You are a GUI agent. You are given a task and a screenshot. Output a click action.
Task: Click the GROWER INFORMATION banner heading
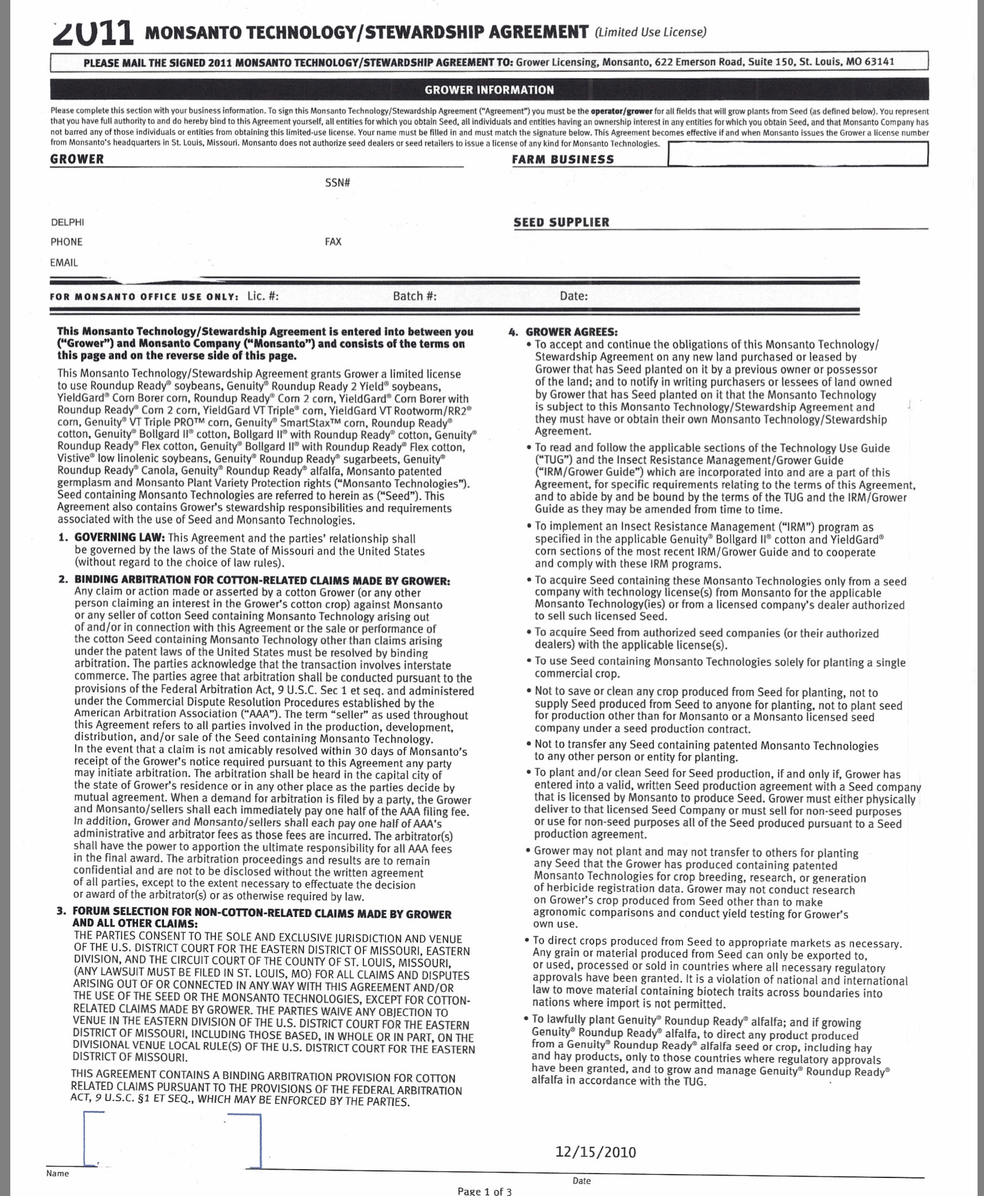pyautogui.click(x=489, y=90)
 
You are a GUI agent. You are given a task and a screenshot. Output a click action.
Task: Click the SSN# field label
pyautogui.click(x=337, y=183)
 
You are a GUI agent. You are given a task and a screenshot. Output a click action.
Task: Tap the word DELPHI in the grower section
pyautogui.click(x=68, y=222)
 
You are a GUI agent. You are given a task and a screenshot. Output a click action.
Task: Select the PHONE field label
pyautogui.click(x=67, y=242)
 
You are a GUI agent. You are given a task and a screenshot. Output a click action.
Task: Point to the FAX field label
pyautogui.click(x=333, y=242)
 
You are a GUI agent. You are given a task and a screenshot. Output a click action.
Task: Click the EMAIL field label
pyautogui.click(x=64, y=262)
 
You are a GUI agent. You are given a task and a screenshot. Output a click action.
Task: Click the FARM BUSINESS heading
pyautogui.click(x=563, y=159)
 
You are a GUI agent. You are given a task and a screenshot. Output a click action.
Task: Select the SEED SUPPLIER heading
pyautogui.click(x=561, y=222)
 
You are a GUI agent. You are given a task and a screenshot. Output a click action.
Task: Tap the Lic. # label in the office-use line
pyautogui.click(x=263, y=296)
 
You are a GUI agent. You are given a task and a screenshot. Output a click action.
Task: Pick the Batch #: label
pyautogui.click(x=415, y=296)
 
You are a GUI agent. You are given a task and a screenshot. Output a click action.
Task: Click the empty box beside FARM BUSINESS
pyautogui.click(x=797, y=154)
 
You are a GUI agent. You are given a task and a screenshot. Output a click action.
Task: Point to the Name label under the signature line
pyautogui.click(x=57, y=1173)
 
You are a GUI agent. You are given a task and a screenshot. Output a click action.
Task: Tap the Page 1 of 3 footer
pyautogui.click(x=484, y=1191)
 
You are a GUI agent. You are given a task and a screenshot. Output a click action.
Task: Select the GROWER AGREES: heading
pyautogui.click(x=571, y=332)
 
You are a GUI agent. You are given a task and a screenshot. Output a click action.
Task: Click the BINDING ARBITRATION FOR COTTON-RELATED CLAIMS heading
pyautogui.click(x=262, y=581)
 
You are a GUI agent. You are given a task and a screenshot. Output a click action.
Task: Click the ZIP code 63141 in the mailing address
pyautogui.click(x=879, y=62)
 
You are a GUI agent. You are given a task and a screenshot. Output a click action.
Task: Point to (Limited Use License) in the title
pyautogui.click(x=651, y=32)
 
